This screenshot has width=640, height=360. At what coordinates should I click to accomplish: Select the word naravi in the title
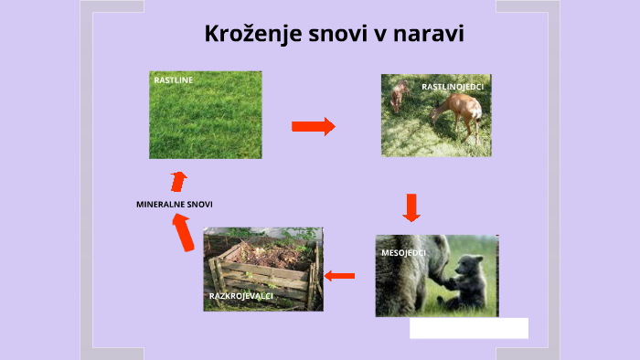pos(431,35)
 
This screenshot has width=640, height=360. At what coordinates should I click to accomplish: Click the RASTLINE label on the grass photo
pos(173,80)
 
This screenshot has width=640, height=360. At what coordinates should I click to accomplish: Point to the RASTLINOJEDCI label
pos(452,87)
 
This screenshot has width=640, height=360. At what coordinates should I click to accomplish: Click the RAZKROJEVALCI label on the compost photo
pos(240,297)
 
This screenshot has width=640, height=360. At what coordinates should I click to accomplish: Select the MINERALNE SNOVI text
pos(174,205)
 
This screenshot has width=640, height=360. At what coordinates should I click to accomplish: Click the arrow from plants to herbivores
pos(313,126)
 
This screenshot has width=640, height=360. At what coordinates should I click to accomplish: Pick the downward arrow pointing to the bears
pos(411,207)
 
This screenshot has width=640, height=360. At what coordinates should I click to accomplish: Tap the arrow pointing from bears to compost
pos(340,275)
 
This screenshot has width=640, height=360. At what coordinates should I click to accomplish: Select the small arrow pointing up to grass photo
pos(178,181)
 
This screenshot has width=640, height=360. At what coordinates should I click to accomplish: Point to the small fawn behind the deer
pos(398,96)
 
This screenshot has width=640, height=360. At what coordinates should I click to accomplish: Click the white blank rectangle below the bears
pos(468,328)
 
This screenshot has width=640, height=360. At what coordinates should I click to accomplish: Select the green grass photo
pos(206,119)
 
